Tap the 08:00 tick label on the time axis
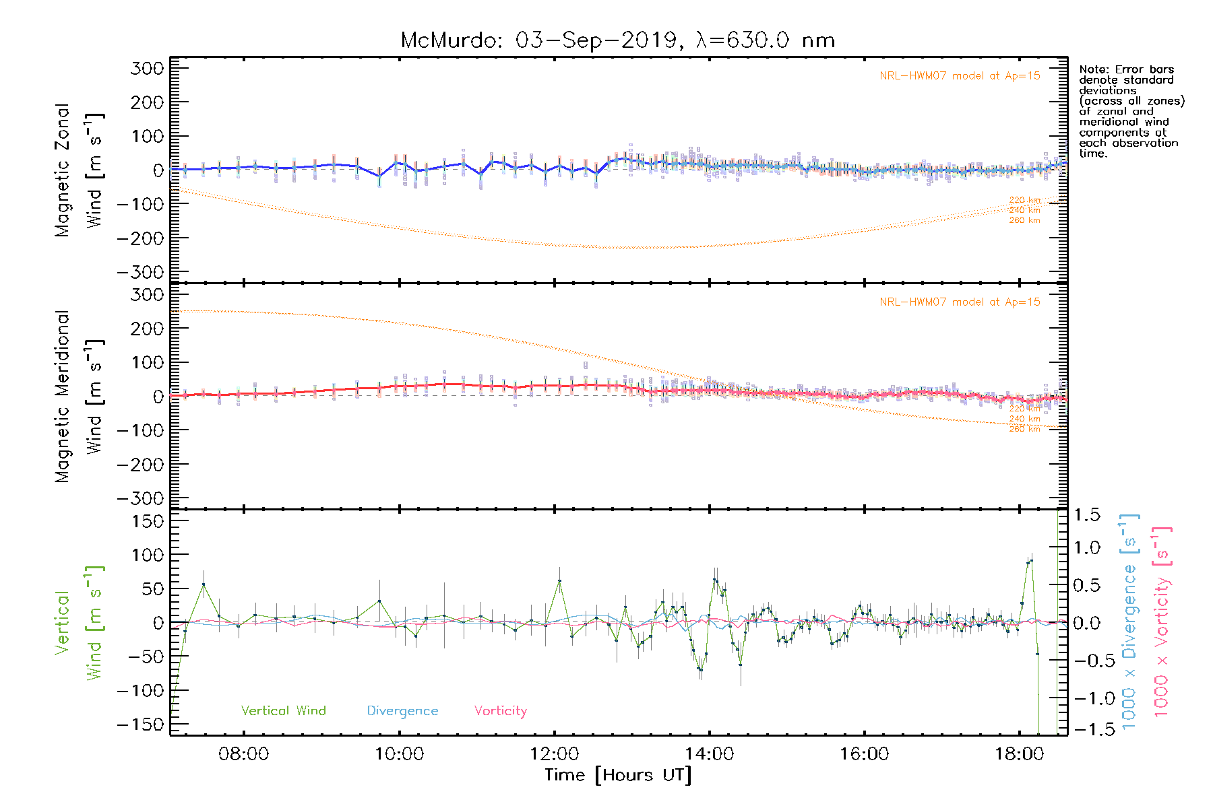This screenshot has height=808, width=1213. (243, 753)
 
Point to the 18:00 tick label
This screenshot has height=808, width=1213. (1019, 753)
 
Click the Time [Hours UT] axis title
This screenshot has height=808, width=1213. (618, 775)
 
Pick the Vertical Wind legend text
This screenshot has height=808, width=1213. (283, 710)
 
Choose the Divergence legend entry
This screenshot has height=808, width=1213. (402, 710)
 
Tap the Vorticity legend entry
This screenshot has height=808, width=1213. (500, 710)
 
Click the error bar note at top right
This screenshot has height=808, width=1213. (1131, 111)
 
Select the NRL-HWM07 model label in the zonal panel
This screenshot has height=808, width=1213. (960, 75)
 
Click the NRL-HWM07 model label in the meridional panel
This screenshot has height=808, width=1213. (960, 302)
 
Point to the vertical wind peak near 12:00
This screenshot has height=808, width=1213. (559, 580)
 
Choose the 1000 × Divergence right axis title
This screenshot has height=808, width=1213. (1129, 621)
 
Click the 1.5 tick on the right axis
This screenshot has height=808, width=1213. (1086, 515)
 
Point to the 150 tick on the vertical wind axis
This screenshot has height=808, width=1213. (148, 520)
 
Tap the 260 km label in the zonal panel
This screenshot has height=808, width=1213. (1024, 220)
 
